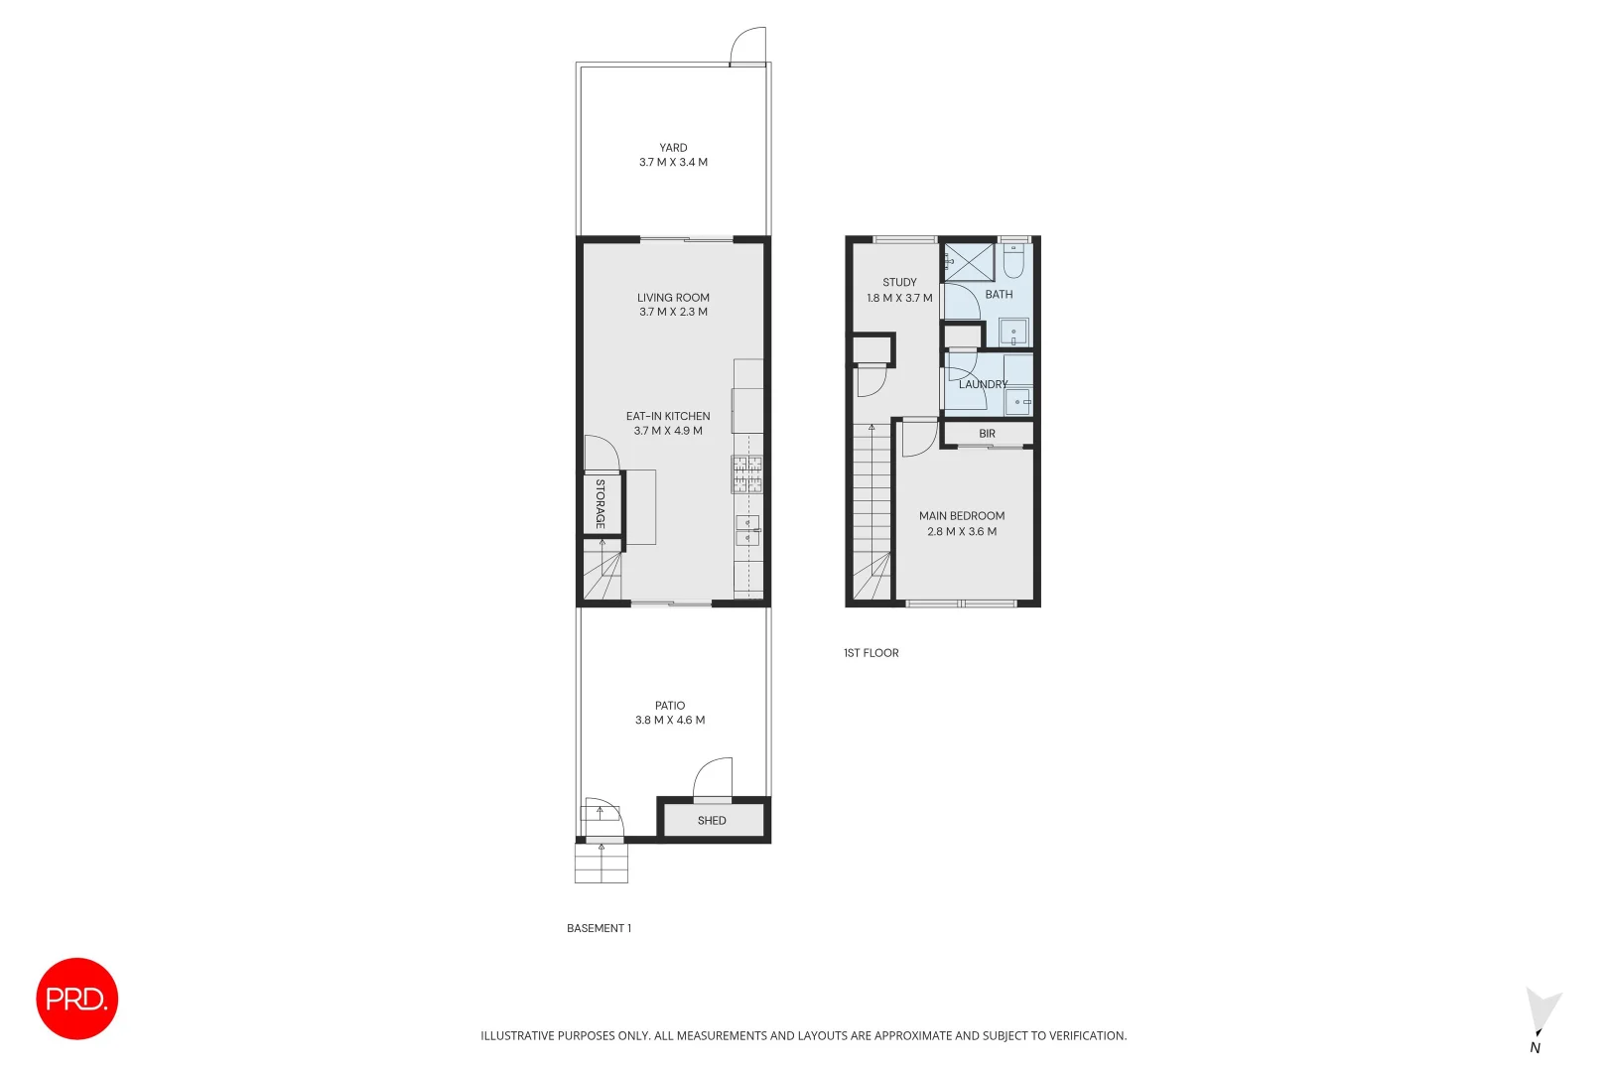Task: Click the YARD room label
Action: point(673,148)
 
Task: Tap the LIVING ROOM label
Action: point(673,298)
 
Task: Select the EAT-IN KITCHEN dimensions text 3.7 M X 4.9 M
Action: point(668,431)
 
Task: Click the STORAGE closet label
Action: point(601,504)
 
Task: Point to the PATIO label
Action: point(670,706)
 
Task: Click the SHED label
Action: point(712,821)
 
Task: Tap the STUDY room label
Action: point(899,283)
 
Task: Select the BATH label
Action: point(999,295)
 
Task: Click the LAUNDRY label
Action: point(983,384)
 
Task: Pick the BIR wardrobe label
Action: point(987,434)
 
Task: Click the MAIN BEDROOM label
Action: point(962,516)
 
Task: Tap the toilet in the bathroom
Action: point(1013,261)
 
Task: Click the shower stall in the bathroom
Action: point(969,262)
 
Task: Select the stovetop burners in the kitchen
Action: point(747,473)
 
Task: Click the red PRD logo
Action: point(77,999)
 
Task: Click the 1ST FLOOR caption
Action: point(871,653)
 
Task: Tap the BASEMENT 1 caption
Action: point(599,929)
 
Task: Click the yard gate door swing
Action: point(748,47)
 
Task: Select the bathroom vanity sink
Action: point(1013,331)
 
